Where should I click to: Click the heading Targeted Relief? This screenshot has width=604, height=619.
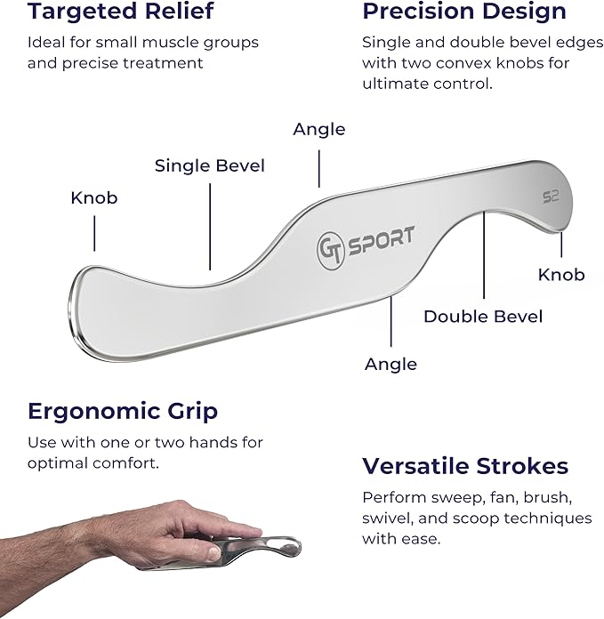click(x=120, y=12)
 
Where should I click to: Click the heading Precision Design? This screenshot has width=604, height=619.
click(x=463, y=12)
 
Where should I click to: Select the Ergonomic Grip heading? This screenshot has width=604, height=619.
click(x=123, y=411)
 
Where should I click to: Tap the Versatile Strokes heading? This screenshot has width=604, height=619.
click(x=464, y=466)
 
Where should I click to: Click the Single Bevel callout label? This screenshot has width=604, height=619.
click(x=209, y=165)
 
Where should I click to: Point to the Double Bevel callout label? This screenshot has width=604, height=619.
click(x=482, y=317)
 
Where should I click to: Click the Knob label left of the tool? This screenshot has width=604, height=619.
click(x=93, y=197)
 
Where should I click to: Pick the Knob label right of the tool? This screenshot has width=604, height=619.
click(x=561, y=274)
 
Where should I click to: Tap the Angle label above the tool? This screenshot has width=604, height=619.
click(x=318, y=130)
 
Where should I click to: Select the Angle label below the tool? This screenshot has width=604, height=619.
click(x=391, y=364)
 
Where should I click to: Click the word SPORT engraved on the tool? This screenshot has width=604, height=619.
click(x=380, y=238)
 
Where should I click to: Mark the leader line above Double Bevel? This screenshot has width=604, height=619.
click(x=483, y=267)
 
